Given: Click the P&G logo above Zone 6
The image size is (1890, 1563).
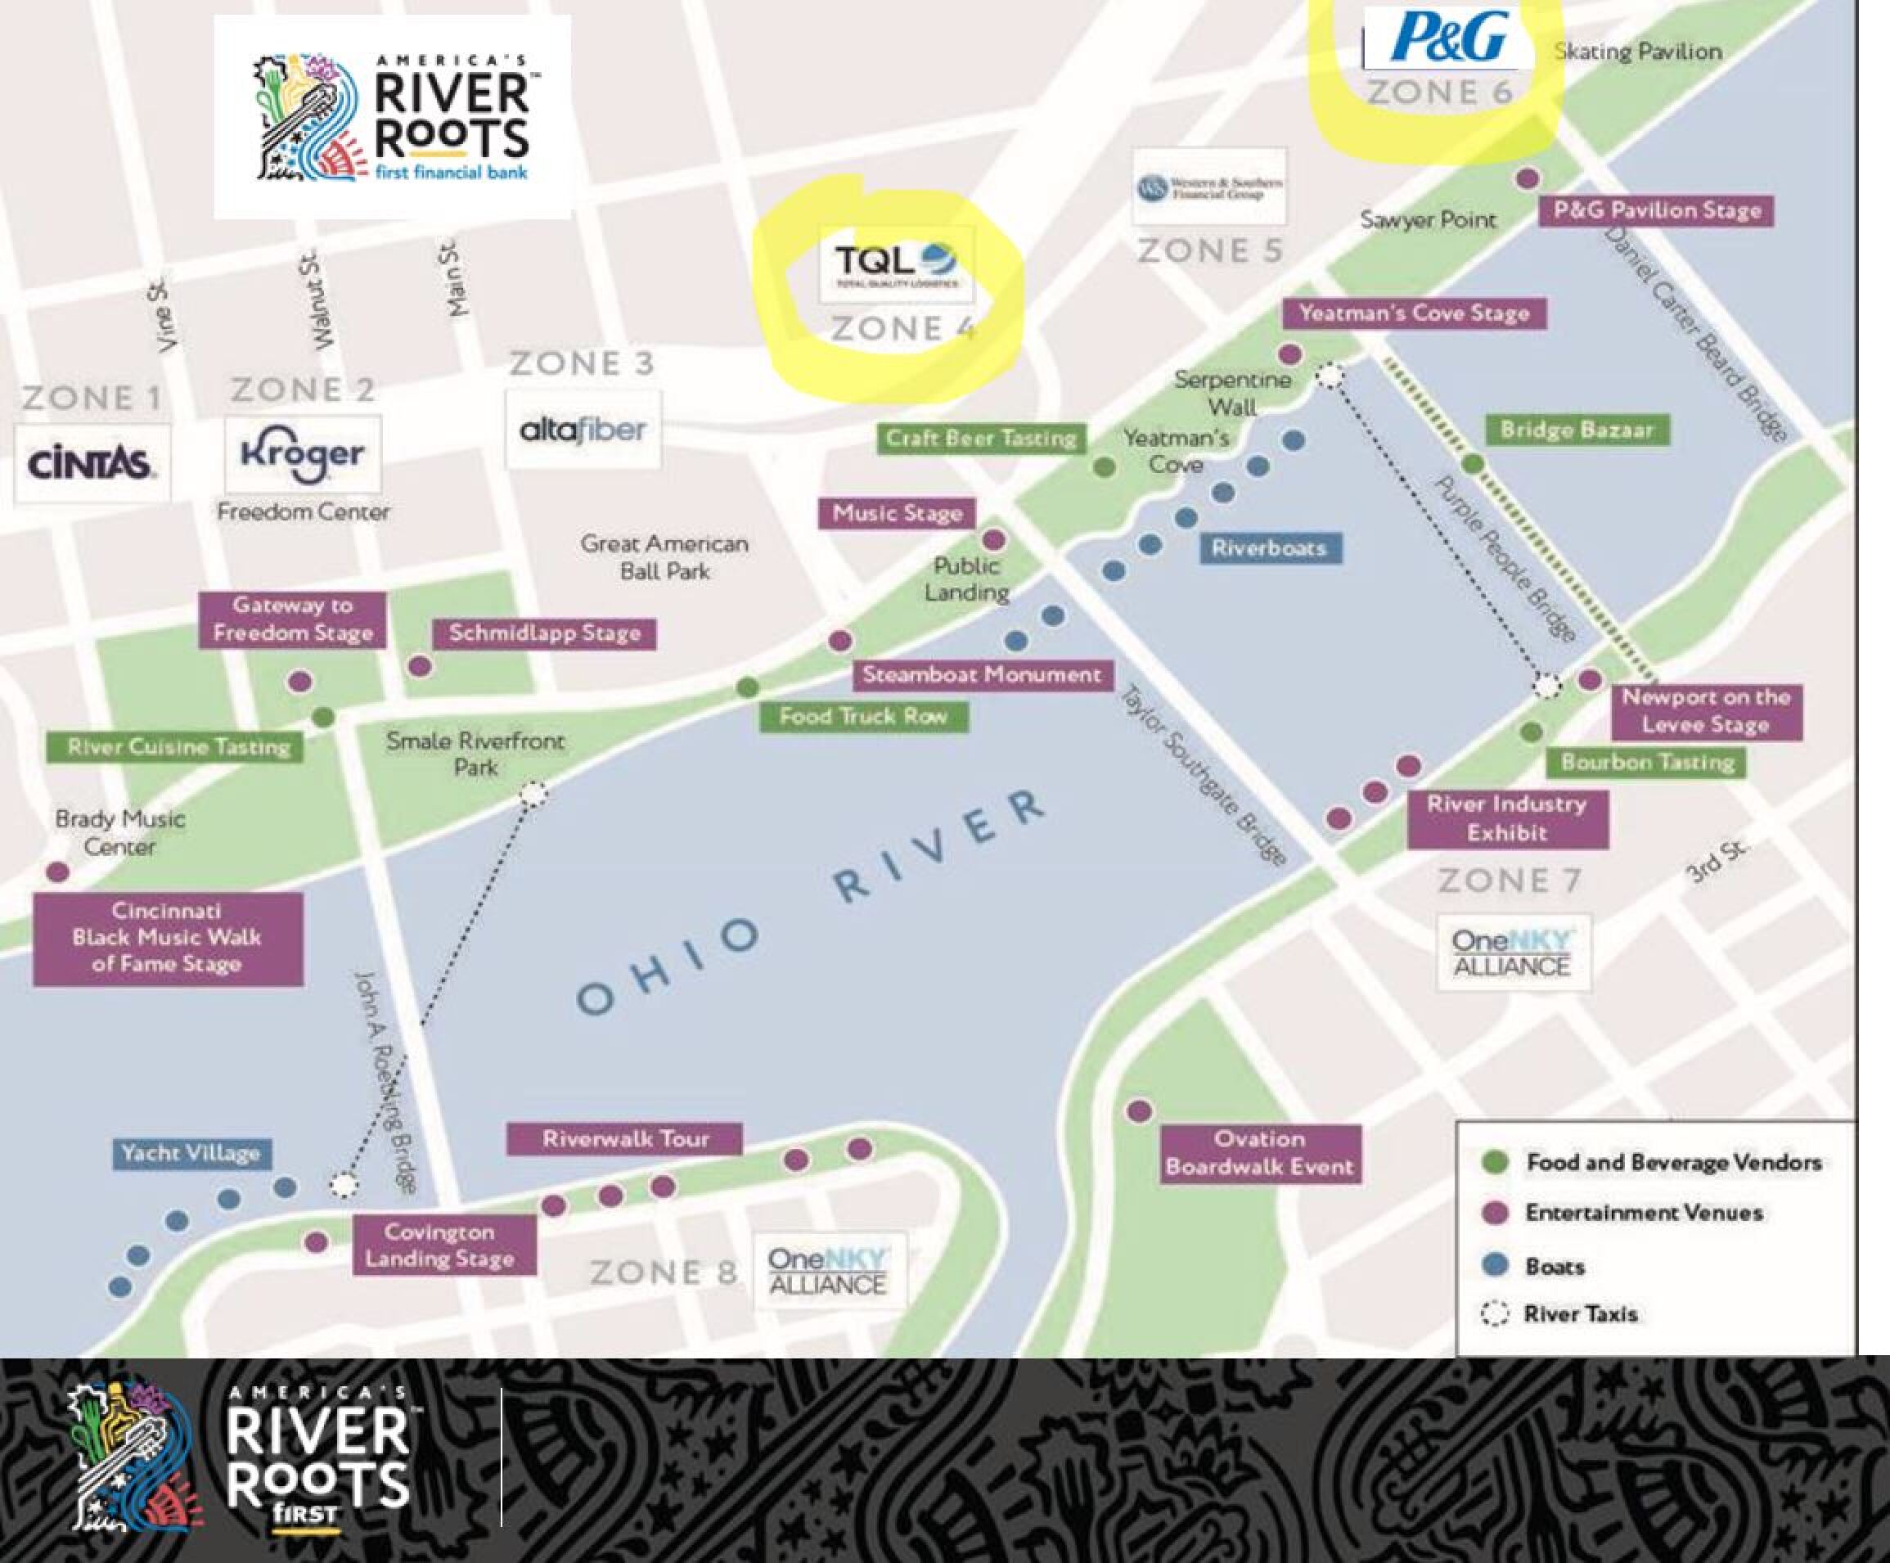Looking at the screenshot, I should coord(1448,38).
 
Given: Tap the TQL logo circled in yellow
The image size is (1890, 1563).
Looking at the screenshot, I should coord(895,264).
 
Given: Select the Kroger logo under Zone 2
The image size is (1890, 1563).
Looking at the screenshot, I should coord(303,454).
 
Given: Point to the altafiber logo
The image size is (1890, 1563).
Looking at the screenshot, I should coord(583,430).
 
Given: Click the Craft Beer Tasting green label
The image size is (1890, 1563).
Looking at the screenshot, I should coord(980,439).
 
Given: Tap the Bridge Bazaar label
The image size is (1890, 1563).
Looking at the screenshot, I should coord(1577,430).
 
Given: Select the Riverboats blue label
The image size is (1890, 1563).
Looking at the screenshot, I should coord(1269,547).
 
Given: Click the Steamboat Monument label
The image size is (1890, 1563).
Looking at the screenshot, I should coord(982,674).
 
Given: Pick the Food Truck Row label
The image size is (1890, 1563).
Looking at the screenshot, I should coord(862,717).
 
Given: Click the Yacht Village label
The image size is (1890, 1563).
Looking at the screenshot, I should coord(191,1152).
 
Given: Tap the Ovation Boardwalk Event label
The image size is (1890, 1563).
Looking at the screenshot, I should coord(1258,1152).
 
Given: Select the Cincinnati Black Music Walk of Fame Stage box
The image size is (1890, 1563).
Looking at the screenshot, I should coord(168,937).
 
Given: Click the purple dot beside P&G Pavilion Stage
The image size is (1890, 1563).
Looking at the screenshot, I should coord(1527,178).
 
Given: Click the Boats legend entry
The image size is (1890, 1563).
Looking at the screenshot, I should coord(1555,1266).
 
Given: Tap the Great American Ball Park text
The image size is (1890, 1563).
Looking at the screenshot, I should coord(664,557).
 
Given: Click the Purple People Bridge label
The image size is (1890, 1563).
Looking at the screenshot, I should coord(1504,559).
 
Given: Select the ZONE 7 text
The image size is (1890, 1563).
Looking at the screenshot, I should coord(1509,880).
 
